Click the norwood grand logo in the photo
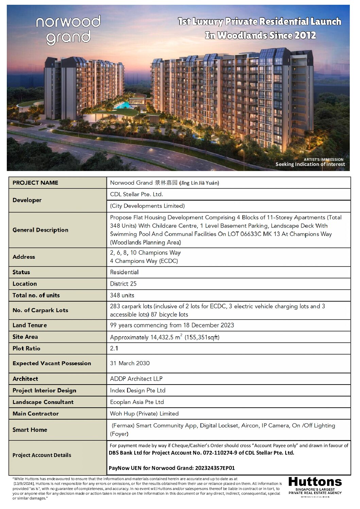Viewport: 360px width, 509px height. click(68, 30)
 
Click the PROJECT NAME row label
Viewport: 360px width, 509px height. click(35, 183)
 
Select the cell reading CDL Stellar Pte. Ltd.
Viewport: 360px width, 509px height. click(137, 194)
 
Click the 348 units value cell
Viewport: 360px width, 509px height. click(122, 295)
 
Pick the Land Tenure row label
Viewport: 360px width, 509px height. click(30, 325)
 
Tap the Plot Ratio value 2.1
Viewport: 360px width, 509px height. click(114, 348)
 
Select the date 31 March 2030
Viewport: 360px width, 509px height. click(130, 363)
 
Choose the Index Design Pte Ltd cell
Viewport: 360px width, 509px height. click(138, 390)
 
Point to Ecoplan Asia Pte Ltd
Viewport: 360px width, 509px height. click(137, 402)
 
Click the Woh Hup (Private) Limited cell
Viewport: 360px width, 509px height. click(144, 413)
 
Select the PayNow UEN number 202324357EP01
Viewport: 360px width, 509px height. click(215, 468)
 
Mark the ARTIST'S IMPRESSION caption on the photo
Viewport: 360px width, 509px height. click(324, 159)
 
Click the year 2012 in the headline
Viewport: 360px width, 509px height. click(305, 35)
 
